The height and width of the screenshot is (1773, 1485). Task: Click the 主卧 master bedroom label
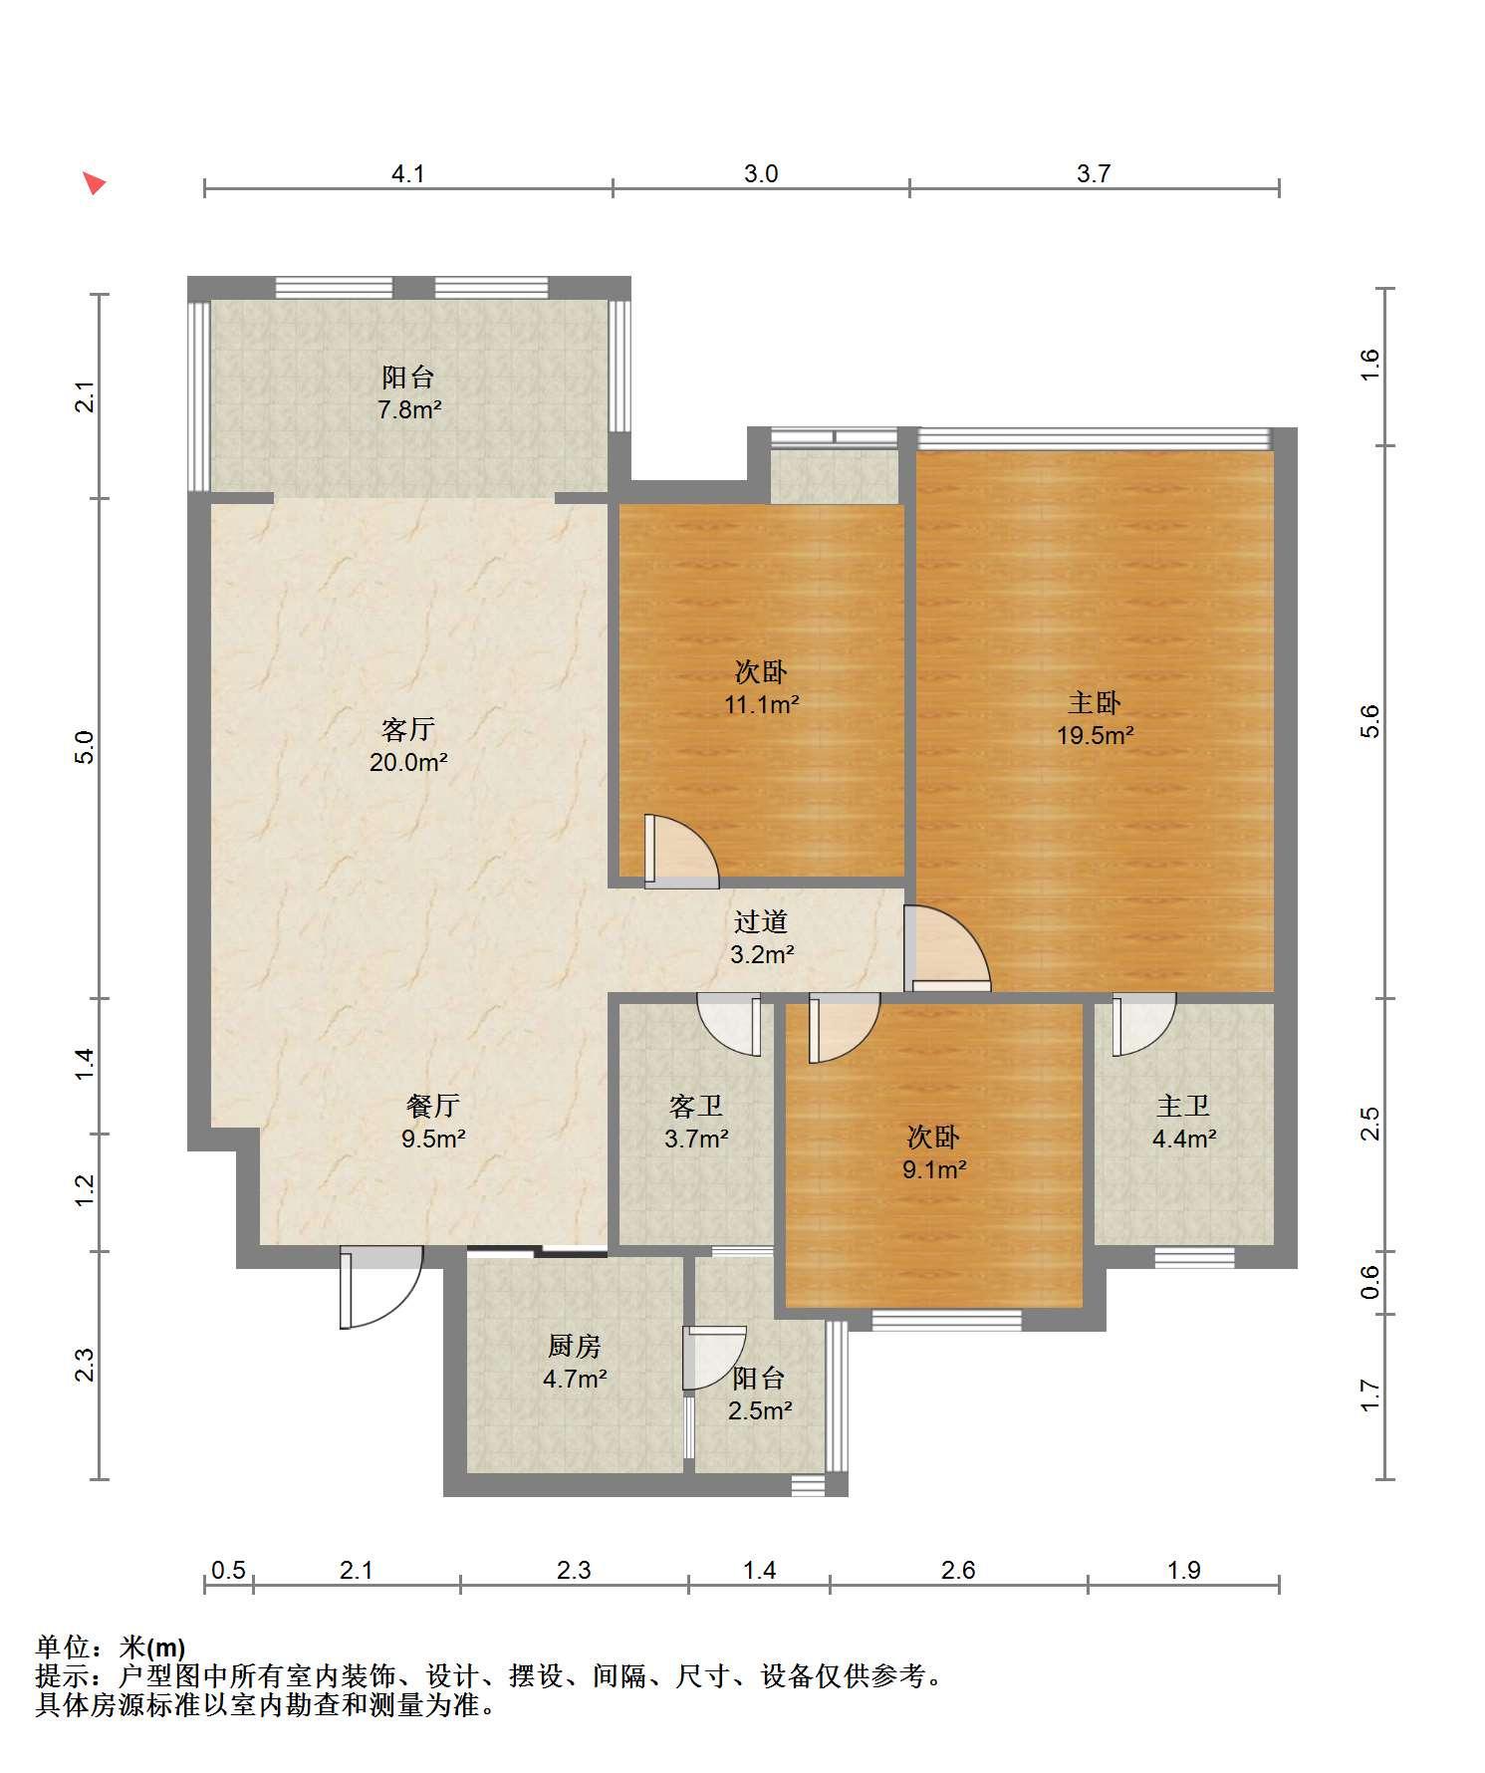[1095, 703]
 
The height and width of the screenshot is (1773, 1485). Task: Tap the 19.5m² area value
[1096, 736]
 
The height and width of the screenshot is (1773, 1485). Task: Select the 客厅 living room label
[408, 730]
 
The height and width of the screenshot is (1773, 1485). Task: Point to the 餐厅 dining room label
[433, 1106]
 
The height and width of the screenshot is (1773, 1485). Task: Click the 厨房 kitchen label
[575, 1347]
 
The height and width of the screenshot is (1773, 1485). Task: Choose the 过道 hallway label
[761, 922]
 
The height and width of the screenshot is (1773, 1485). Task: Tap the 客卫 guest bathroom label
[696, 1106]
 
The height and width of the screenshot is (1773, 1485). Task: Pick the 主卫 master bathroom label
[1183, 1106]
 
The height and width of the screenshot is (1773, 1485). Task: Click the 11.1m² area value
[762, 705]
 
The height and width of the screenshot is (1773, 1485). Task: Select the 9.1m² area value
[934, 1169]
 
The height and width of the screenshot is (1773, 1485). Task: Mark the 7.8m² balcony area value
[409, 409]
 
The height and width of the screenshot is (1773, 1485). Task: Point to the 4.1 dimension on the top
[407, 174]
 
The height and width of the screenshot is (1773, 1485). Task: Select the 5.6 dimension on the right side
[1370, 721]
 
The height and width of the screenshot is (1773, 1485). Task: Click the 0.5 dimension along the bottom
[228, 1571]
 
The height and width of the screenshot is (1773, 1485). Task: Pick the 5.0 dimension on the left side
[86, 747]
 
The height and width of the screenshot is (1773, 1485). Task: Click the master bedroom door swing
[947, 947]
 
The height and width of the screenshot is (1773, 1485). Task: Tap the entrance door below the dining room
[380, 1287]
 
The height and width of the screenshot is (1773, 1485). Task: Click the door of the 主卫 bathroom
[1143, 1024]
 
